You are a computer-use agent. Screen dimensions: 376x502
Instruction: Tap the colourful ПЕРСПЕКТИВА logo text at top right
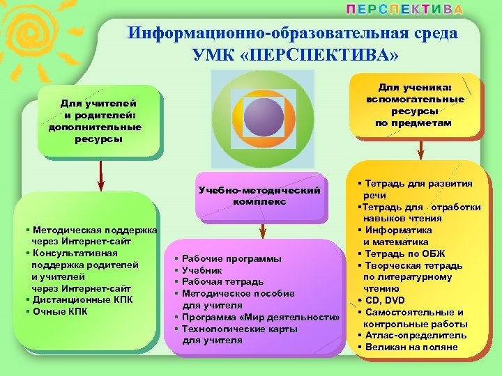click(x=405, y=10)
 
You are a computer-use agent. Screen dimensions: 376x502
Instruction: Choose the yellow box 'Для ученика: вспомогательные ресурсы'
click(x=415, y=105)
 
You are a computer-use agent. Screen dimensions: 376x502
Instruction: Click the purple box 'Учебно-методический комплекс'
click(x=259, y=196)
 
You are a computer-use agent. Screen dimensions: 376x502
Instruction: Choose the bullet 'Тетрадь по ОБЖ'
click(x=404, y=253)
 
